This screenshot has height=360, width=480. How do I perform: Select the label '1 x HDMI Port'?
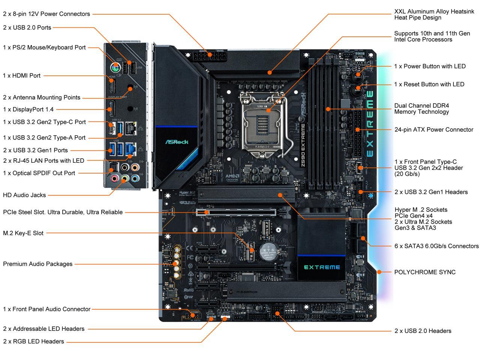22,75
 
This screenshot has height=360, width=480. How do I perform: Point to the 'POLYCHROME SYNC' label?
425,272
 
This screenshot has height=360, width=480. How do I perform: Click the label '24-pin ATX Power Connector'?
433,130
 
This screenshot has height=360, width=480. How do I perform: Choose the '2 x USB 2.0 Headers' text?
423,331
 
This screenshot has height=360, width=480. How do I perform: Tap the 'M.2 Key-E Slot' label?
23,233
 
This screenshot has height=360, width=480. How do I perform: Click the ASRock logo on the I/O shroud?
177,142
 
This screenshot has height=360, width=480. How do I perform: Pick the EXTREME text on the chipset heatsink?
322,267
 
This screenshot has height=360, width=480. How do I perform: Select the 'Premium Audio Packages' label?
37,264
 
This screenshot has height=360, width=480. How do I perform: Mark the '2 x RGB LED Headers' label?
33,341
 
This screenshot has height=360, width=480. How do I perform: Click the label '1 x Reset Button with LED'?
429,84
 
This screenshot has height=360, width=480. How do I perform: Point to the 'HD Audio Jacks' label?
24,195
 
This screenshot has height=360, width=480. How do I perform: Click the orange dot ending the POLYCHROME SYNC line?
379,272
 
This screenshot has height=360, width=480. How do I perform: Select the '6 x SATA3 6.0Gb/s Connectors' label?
436,246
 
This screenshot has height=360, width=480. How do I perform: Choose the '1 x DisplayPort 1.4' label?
28,109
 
